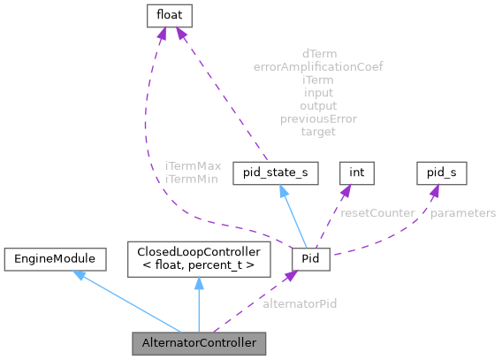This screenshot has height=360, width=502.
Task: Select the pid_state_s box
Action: pyautogui.click(x=274, y=172)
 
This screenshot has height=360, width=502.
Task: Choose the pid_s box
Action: pyautogui.click(x=441, y=172)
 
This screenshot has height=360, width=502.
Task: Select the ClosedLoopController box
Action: pyautogui.click(x=198, y=258)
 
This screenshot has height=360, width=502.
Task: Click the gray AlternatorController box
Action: pyautogui.click(x=198, y=342)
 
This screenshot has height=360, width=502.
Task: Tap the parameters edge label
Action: pyautogui.click(x=463, y=213)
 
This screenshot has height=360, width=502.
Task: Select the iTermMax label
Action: pyautogui.click(x=193, y=166)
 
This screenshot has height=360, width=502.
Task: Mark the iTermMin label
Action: pyautogui.click(x=192, y=179)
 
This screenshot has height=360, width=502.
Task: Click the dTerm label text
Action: pyautogui.click(x=319, y=53)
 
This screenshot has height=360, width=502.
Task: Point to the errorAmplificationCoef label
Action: pyautogui.click(x=318, y=66)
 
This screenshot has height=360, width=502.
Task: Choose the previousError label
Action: pyautogui.click(x=319, y=119)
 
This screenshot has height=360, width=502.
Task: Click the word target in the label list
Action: pyautogui.click(x=318, y=132)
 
